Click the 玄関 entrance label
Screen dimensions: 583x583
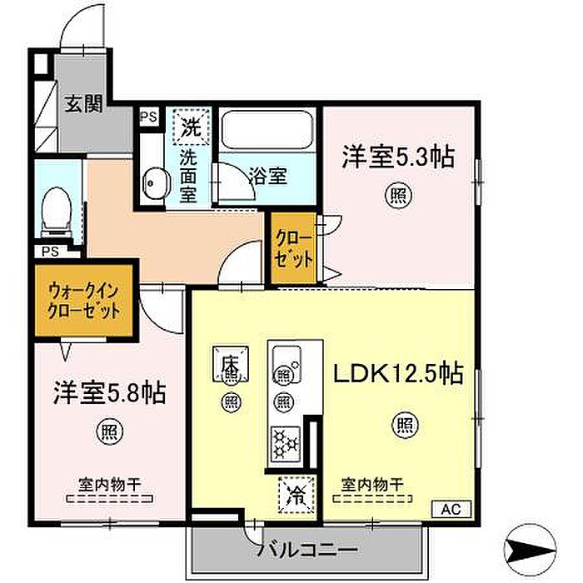[x=83, y=104]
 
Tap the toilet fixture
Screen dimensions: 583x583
[x=57, y=212]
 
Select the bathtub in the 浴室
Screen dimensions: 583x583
[x=267, y=129]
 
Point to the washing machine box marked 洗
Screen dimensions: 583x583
[x=192, y=127]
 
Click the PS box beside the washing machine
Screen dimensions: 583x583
[x=149, y=117]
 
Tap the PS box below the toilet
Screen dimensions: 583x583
[x=51, y=252]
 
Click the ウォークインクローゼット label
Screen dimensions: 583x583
[x=84, y=301]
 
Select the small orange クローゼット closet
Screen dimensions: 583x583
[x=293, y=247]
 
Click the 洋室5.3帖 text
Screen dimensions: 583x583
[x=398, y=157]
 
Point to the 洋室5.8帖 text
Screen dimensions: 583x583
[x=109, y=393]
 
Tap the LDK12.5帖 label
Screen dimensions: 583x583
[x=398, y=373]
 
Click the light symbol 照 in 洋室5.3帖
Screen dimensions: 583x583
[x=398, y=196]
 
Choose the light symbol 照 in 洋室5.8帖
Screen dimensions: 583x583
[x=109, y=431]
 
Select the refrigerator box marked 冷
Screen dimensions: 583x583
[x=297, y=495]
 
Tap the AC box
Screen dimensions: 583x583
[x=451, y=509]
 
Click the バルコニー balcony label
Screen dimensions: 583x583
[x=308, y=549]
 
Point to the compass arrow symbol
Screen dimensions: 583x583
[x=530, y=549]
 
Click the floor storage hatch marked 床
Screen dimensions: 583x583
[x=231, y=363]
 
